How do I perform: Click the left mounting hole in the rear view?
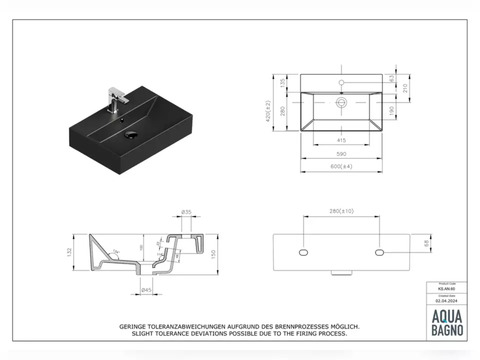pos(303,253)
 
